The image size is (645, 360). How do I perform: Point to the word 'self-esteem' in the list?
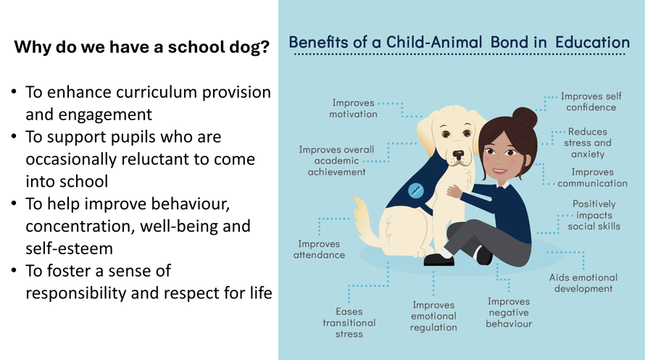(69, 248)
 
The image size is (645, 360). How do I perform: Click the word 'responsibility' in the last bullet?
(76, 293)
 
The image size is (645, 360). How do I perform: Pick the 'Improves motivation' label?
(353, 109)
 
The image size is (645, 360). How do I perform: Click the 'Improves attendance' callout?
(319, 249)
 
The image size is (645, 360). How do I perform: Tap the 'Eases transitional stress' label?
(349, 322)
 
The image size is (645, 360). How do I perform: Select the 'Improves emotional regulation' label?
(433, 316)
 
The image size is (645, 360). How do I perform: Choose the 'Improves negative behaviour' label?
(509, 312)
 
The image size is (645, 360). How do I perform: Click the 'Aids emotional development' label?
(583, 282)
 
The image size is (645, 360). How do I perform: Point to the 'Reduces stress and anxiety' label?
(588, 143)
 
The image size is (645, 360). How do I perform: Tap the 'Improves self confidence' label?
(591, 101)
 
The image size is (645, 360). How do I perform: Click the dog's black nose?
(458, 155)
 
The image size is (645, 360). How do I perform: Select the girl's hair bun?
(525, 117)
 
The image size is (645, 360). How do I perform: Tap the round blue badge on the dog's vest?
(416, 190)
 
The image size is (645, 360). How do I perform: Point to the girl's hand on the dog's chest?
(455, 191)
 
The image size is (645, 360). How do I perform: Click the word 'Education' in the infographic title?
(592, 42)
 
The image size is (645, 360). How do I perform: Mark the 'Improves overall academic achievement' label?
(336, 161)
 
